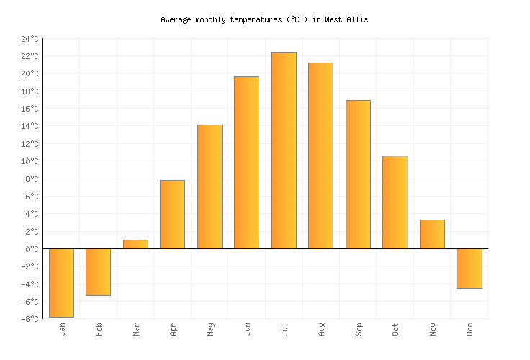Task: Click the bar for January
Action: point(61,282)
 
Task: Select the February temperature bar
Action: point(98,271)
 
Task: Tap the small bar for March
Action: point(135,244)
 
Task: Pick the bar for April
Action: point(172,214)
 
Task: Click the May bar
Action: point(210,186)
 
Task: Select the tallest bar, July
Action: point(284,150)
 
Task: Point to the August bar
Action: point(320,156)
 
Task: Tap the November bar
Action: point(432,234)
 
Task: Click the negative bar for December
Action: point(469,268)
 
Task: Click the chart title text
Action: point(264,19)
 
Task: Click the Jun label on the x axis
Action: point(247,329)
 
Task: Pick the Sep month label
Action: point(358,329)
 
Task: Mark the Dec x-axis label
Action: point(470,329)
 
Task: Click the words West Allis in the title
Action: point(346,19)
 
